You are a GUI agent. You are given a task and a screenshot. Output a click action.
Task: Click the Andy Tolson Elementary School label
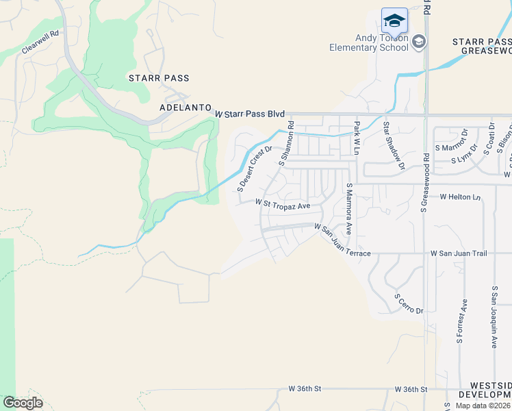[368, 43]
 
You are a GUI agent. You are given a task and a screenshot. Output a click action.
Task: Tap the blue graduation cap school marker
[394, 21]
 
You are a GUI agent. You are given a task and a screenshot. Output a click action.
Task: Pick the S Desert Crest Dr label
[255, 168]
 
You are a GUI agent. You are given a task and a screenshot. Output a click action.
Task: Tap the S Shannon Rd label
[286, 144]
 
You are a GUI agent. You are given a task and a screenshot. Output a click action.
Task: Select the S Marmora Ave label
[348, 209]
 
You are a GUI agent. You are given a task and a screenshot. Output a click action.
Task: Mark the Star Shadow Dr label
[394, 146]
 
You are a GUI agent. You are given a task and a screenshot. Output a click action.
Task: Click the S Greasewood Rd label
[425, 182]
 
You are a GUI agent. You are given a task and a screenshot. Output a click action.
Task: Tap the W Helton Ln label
[461, 197]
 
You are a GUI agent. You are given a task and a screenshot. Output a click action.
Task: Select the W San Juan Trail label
[459, 253]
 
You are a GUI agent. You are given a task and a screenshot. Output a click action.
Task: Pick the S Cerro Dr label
[409, 305]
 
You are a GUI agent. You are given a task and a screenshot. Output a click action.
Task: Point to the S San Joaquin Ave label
[494, 317]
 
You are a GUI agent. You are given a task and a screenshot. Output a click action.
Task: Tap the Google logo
[23, 403]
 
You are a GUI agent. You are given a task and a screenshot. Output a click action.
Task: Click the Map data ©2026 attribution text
[483, 406]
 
